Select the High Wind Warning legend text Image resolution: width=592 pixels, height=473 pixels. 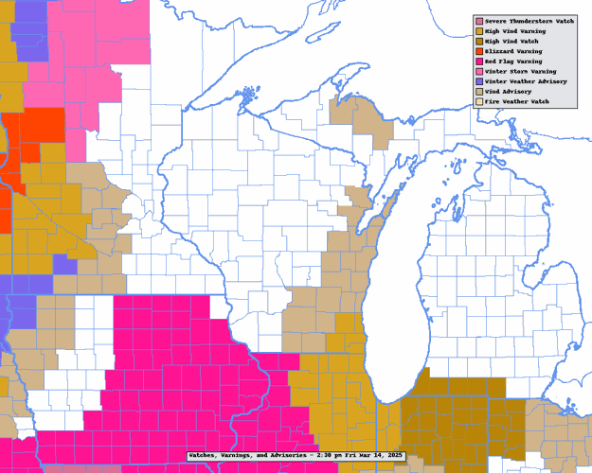pos(513,32)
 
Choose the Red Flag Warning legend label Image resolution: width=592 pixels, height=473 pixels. pos(511,61)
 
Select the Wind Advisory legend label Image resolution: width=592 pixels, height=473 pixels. pos(508,92)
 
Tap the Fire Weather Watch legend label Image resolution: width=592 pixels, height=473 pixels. pos(516,101)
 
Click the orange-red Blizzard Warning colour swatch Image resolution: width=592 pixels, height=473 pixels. pos(479,52)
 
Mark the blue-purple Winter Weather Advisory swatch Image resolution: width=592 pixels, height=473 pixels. pos(479,81)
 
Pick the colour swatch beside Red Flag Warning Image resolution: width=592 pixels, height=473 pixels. pos(479,61)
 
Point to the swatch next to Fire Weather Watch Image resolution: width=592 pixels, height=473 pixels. pos(479,101)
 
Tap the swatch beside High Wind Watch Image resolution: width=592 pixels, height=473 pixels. pos(479,42)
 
